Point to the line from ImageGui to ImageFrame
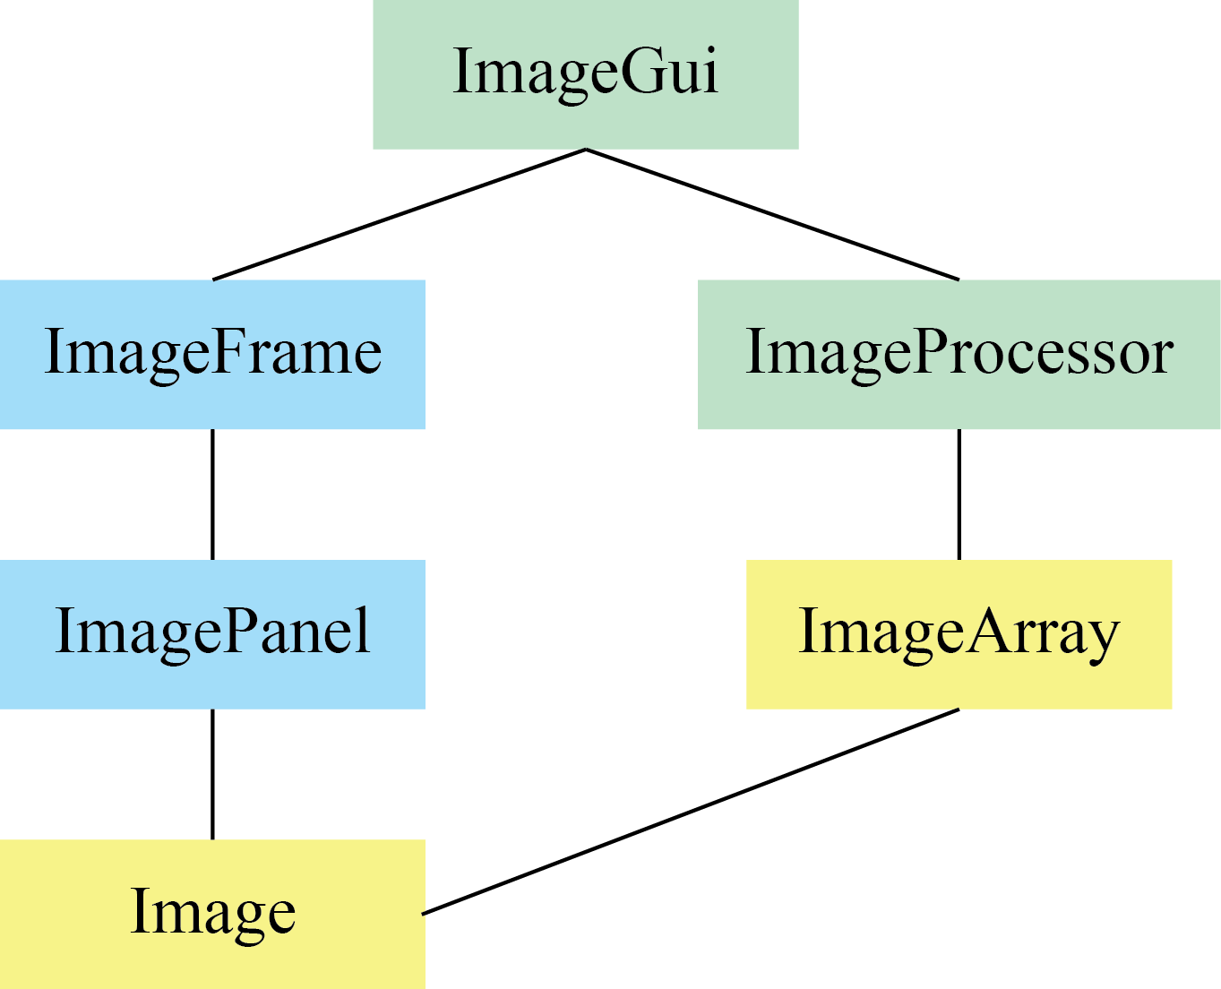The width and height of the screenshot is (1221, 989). pyautogui.click(x=399, y=215)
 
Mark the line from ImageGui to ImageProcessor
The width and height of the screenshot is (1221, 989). pyautogui.click(x=772, y=215)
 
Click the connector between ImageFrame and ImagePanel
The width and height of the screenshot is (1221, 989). pyautogui.click(x=212, y=494)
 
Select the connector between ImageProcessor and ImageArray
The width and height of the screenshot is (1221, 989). pyautogui.click(x=959, y=494)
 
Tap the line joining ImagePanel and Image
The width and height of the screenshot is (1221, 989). pyautogui.click(x=212, y=774)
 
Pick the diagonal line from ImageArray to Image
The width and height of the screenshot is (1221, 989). pyautogui.click(x=690, y=812)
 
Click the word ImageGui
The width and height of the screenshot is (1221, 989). pyautogui.click(x=585, y=72)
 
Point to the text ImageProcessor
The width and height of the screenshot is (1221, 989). pyautogui.click(x=959, y=352)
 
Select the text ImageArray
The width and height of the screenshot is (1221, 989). pyautogui.click(x=959, y=632)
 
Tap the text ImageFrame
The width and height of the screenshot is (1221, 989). pyautogui.click(x=212, y=352)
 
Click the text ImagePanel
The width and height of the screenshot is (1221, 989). pyautogui.click(x=212, y=632)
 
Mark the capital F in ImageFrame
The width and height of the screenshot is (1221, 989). pyautogui.click(x=228, y=350)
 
